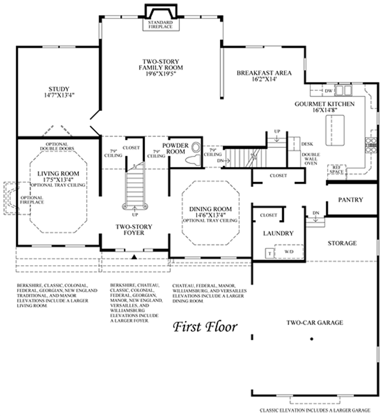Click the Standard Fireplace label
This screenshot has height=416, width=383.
(160, 24)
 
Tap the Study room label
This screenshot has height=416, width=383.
(59, 89)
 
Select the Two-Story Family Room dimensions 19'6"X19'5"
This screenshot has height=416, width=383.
(161, 74)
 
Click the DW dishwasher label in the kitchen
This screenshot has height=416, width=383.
(328, 91)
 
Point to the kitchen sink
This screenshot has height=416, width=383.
(343, 90)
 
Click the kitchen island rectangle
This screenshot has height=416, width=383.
(335, 130)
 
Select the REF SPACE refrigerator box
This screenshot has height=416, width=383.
(337, 170)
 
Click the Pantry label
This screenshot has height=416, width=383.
(351, 200)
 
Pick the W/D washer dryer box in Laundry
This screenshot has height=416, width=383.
(289, 251)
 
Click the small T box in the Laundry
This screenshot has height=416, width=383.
(270, 253)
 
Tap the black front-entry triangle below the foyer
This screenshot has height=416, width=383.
(134, 257)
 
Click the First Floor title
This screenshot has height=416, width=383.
(205, 327)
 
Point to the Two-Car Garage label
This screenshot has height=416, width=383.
(315, 323)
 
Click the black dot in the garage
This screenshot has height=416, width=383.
(312, 339)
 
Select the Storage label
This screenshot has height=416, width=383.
(342, 243)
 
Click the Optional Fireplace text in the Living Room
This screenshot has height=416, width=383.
(32, 200)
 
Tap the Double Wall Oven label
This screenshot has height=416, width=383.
(311, 159)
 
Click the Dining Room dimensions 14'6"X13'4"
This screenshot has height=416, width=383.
(210, 215)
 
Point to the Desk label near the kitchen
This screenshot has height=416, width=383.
(307, 144)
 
